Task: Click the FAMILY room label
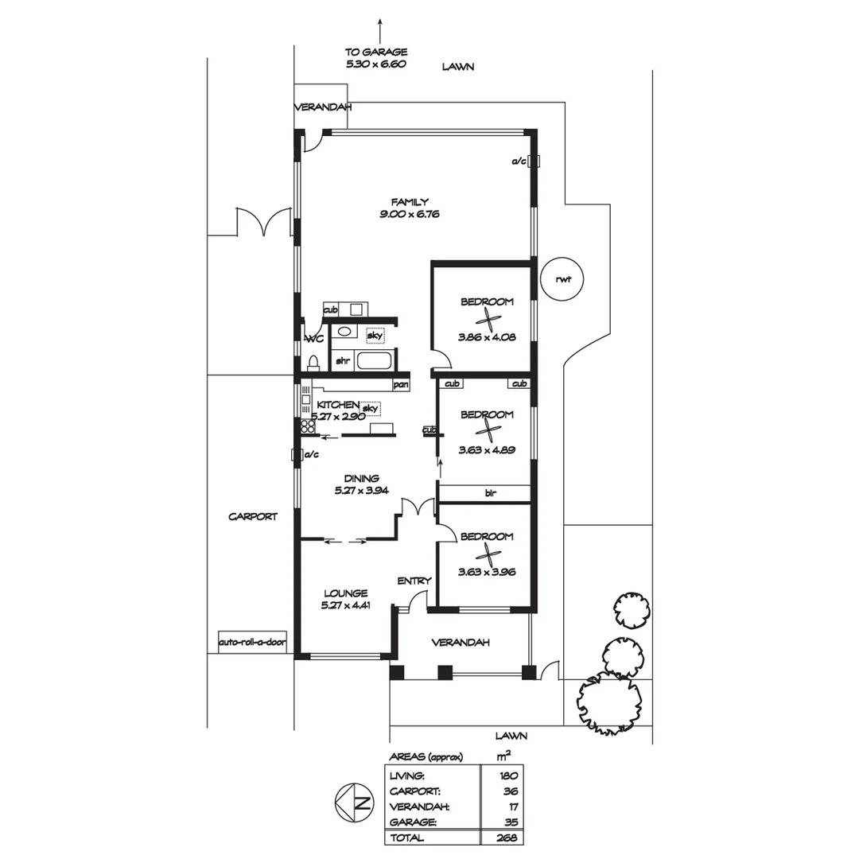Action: [410, 201]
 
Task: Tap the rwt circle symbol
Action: [564, 278]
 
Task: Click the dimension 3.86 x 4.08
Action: [487, 336]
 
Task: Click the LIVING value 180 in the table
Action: [508, 775]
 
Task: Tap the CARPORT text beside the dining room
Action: [253, 516]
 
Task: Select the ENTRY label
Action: [414, 581]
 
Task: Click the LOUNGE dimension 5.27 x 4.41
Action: [345, 605]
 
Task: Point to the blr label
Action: [490, 493]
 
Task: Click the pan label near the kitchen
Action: [400, 386]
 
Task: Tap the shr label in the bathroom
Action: [343, 360]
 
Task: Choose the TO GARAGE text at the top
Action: [376, 52]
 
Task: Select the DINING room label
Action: [361, 478]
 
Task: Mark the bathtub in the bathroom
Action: [374, 361]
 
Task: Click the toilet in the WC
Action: [313, 363]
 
